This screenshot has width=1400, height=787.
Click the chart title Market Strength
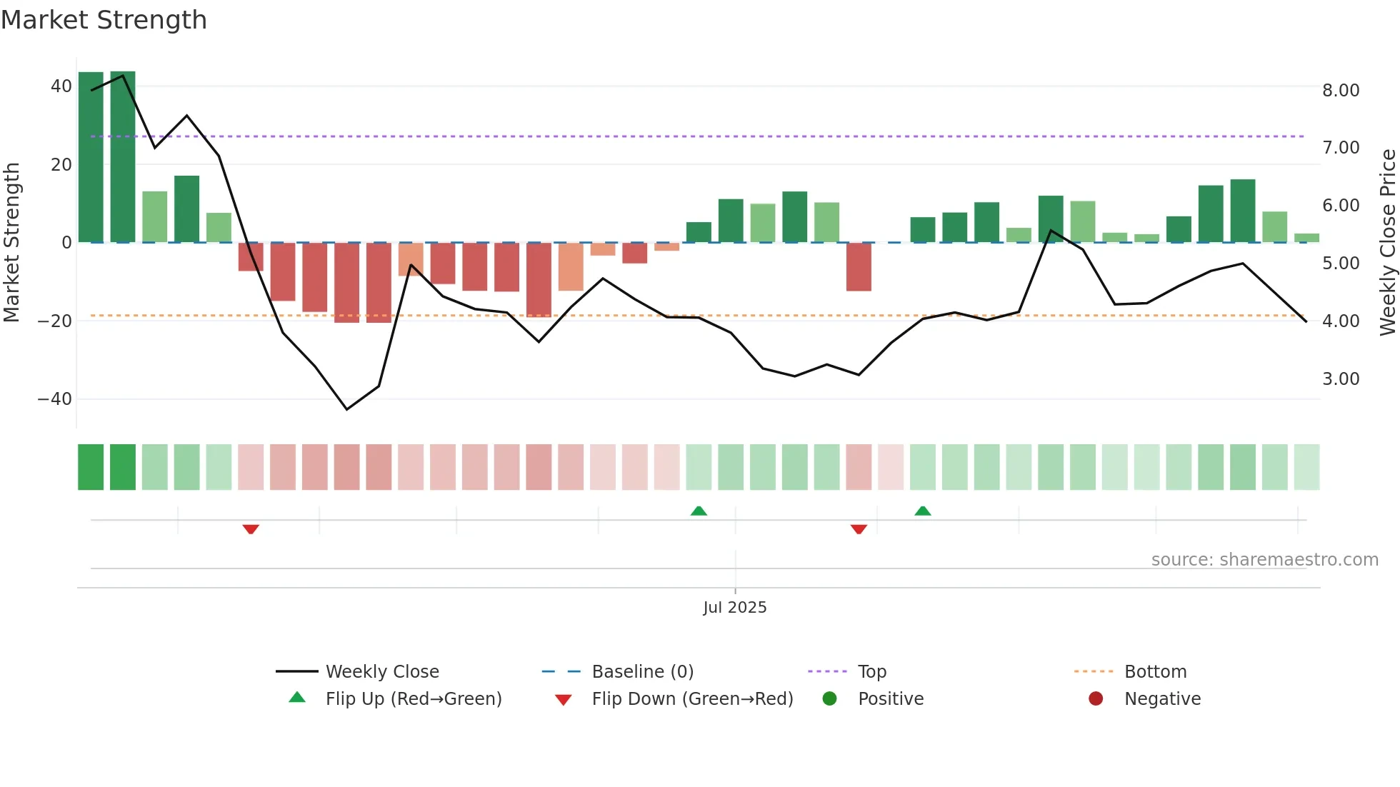tap(104, 20)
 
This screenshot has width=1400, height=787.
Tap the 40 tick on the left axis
tap(61, 86)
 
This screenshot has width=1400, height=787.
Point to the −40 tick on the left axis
tap(55, 399)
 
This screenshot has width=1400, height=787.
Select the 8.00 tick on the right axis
tap(1340, 91)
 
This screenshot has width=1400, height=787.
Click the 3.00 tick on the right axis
tap(1340, 379)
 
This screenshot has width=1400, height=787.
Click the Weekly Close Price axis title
tap(1387, 243)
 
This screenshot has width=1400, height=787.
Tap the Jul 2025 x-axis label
tap(734, 608)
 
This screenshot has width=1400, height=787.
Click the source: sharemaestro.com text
tap(1264, 560)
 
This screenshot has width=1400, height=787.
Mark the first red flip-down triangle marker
tap(251, 529)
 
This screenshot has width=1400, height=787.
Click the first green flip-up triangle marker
tap(699, 511)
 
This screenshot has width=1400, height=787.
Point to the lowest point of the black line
tap(347, 409)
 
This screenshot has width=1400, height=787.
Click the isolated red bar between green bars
tap(859, 266)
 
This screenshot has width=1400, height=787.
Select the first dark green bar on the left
tap(91, 157)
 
